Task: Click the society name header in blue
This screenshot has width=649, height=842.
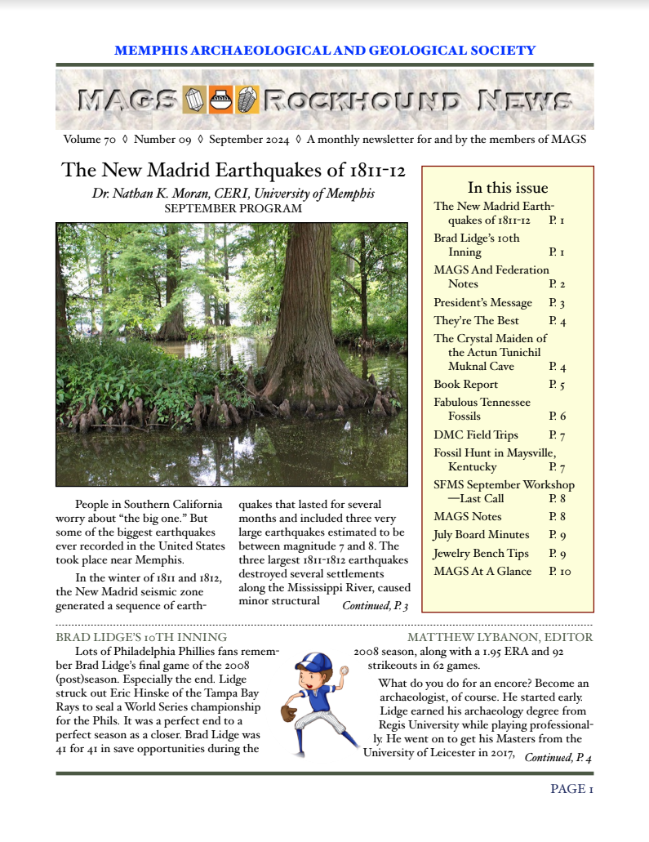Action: [325, 50]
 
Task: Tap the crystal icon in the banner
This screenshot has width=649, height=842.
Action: [193, 100]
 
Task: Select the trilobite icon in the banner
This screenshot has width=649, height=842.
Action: [247, 100]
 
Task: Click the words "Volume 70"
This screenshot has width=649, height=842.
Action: [89, 139]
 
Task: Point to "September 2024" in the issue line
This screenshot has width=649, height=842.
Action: [249, 139]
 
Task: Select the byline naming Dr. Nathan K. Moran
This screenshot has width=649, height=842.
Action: [233, 194]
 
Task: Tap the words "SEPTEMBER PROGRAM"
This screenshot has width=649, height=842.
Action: [233, 209]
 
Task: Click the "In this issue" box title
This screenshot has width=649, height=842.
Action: [507, 188]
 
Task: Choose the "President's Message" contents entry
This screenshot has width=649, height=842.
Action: [482, 302]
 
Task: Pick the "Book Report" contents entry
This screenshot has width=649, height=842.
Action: [465, 384]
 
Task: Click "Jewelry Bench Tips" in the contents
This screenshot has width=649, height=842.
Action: [481, 553]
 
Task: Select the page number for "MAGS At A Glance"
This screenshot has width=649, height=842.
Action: [559, 571]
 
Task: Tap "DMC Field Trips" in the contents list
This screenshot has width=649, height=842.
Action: [475, 434]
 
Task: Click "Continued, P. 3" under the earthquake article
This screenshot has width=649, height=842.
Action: [375, 605]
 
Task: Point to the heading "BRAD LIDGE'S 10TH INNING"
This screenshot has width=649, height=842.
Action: [141, 637]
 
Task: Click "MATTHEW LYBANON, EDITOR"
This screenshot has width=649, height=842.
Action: [500, 637]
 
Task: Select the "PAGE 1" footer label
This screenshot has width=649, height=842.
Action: [571, 788]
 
